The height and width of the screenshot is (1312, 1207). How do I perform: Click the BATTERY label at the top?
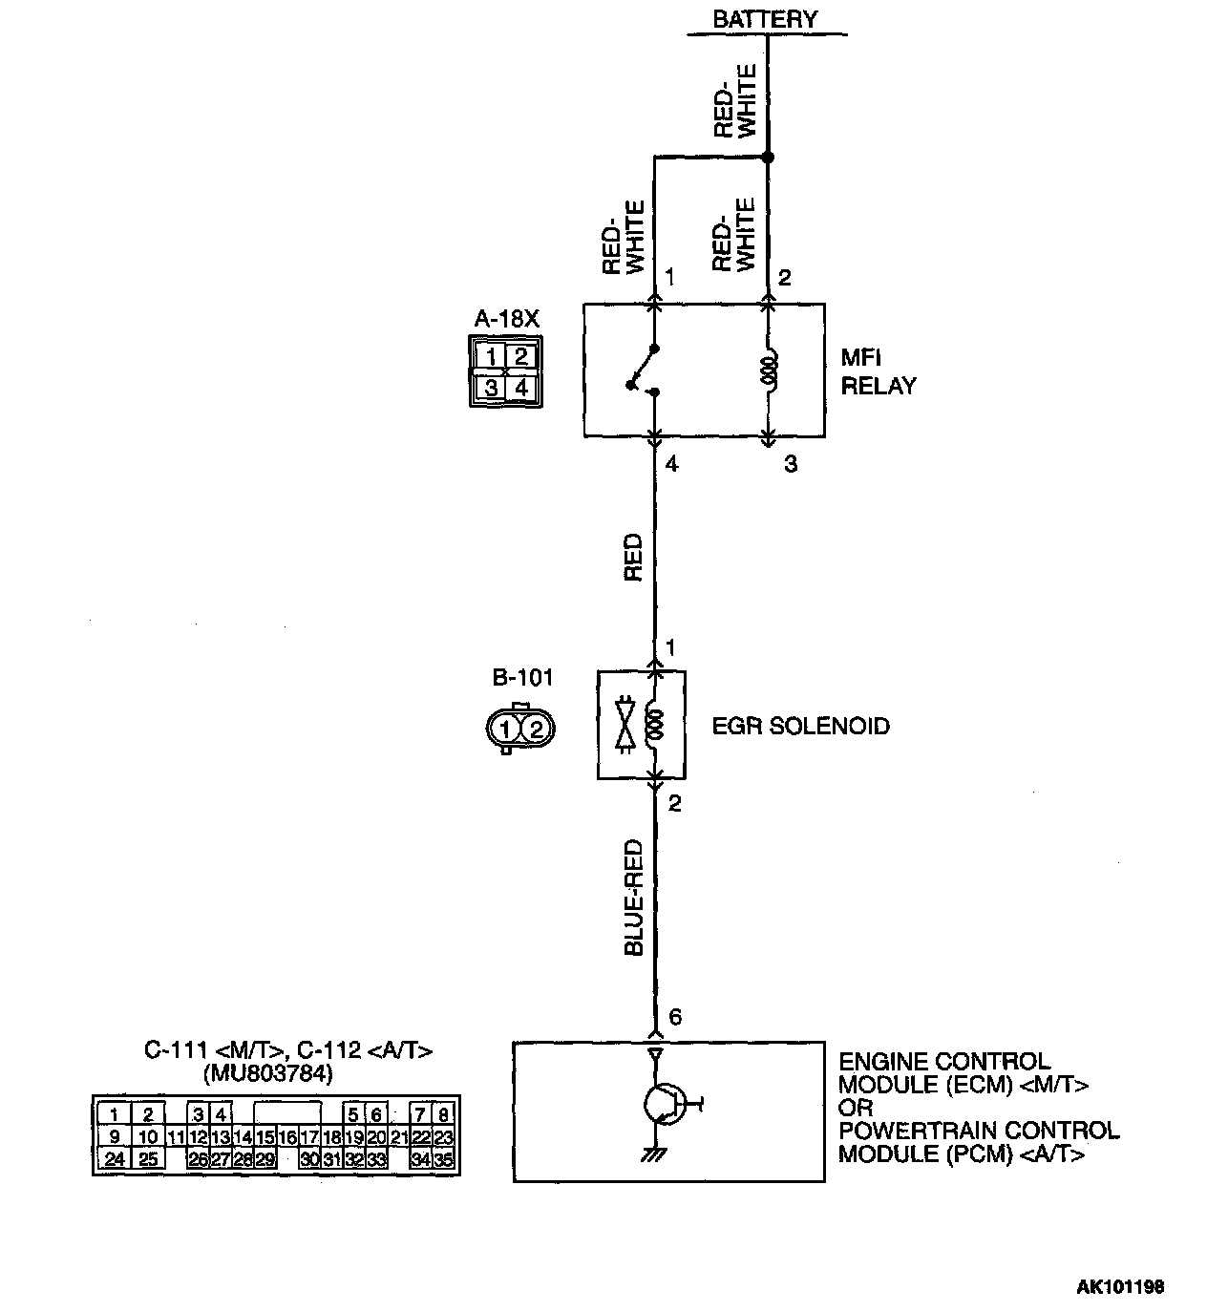[x=765, y=19]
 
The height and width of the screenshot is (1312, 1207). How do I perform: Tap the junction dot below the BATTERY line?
[x=768, y=158]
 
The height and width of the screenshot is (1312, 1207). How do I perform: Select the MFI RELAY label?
[x=878, y=372]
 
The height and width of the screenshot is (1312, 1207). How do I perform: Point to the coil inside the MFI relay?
[x=769, y=370]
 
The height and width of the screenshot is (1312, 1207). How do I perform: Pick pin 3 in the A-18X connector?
[x=491, y=388]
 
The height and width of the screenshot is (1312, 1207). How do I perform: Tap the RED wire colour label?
[x=633, y=558]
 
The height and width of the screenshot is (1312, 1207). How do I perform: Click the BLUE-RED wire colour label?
[x=633, y=898]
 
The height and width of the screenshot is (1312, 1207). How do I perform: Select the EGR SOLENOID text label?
[x=800, y=727]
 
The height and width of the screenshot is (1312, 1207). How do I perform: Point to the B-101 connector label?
[x=522, y=679]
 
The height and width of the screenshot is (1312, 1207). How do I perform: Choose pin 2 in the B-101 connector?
[x=536, y=730]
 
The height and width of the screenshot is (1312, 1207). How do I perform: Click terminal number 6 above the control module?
[x=675, y=1018]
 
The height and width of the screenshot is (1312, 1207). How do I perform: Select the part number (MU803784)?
[x=268, y=1074]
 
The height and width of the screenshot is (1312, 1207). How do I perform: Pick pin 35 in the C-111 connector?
[x=443, y=1160]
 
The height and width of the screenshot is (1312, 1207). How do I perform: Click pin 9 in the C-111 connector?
[x=114, y=1137]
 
